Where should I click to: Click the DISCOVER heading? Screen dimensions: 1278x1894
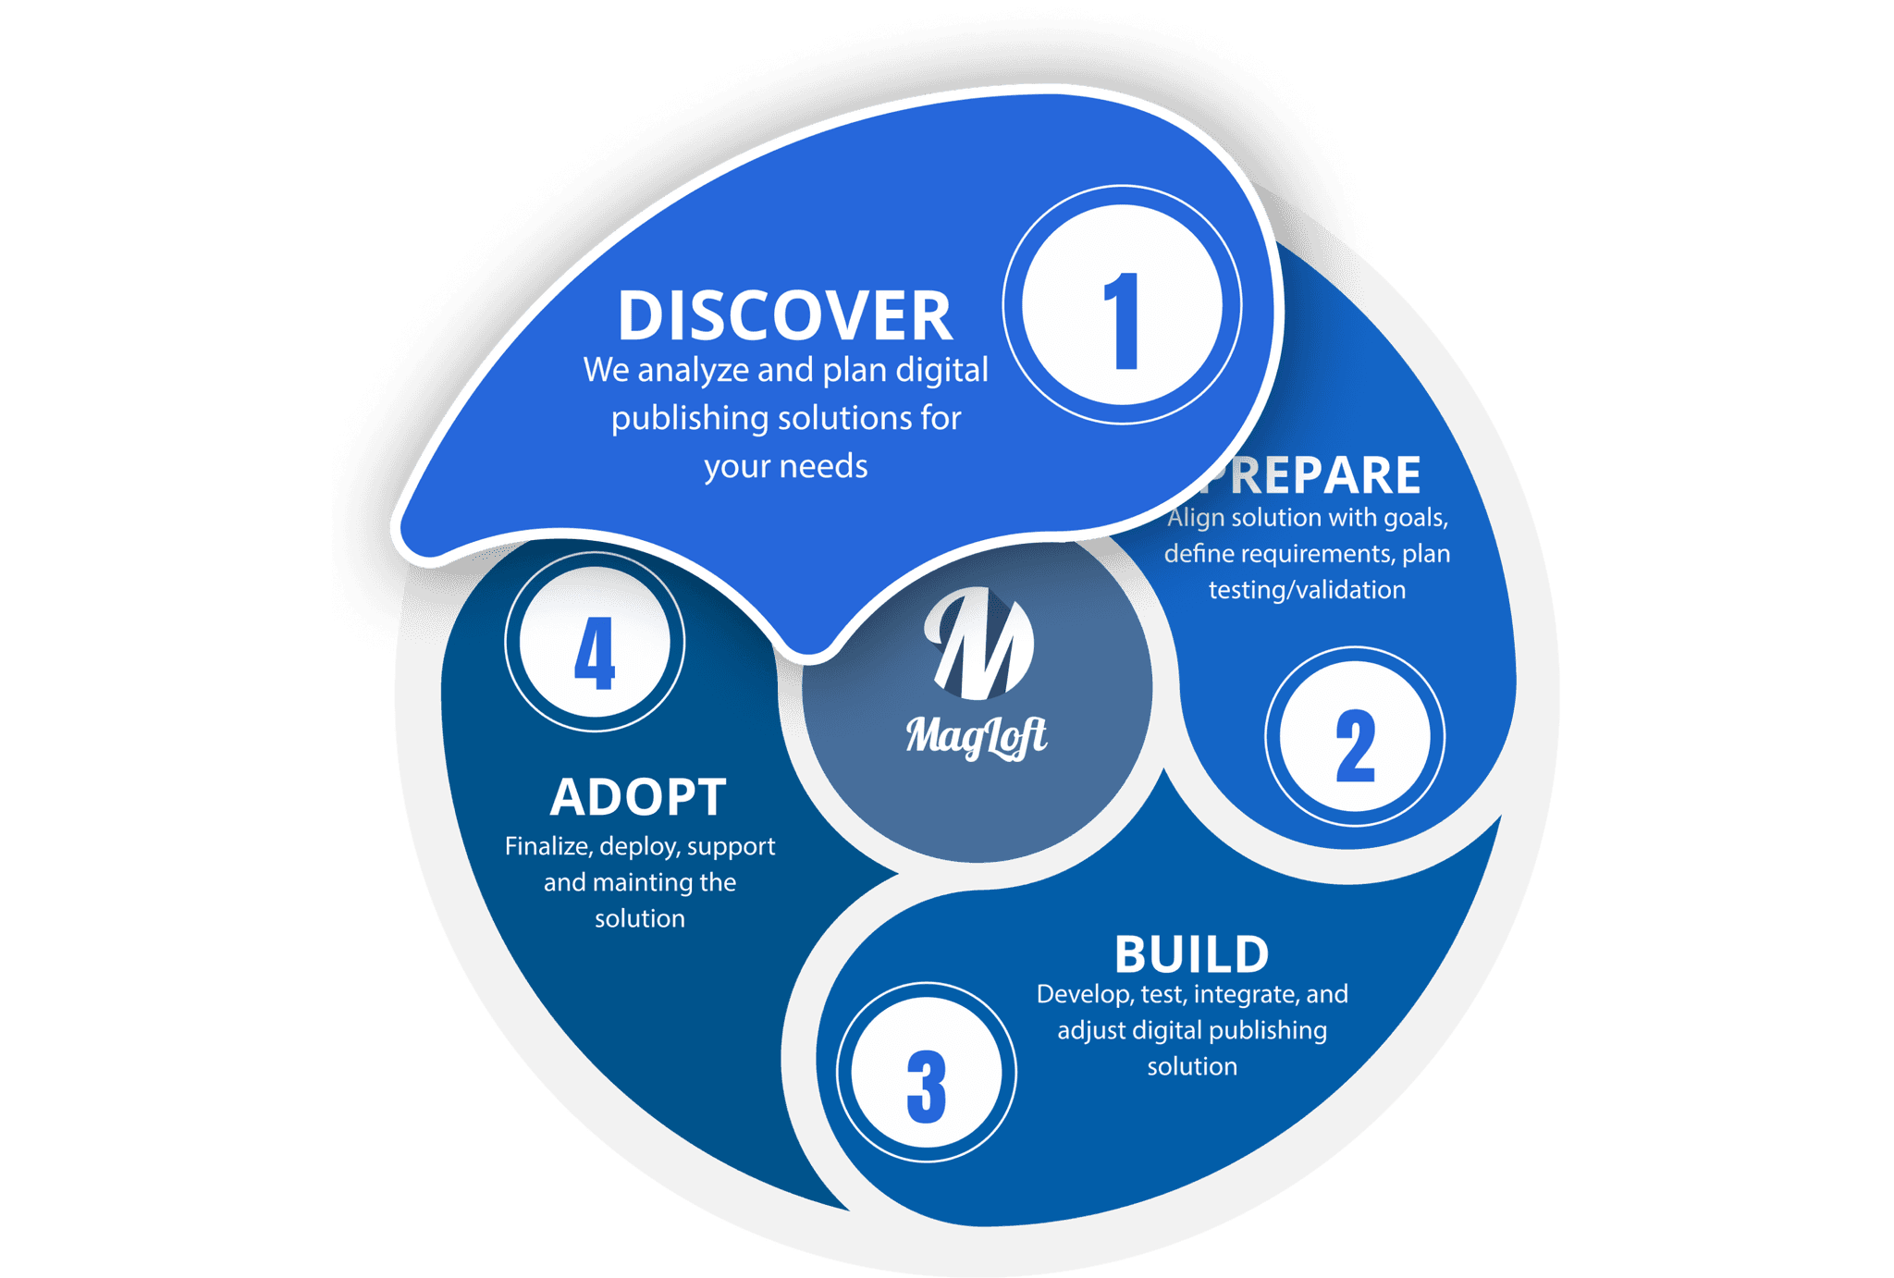(x=784, y=316)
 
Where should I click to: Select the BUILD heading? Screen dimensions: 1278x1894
(x=1191, y=954)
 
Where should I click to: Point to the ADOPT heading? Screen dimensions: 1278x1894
(x=638, y=797)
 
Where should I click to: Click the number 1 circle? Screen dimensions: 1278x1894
(x=1122, y=305)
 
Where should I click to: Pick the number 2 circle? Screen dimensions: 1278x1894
(x=1355, y=736)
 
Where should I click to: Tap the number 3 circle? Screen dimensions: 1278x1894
(x=926, y=1073)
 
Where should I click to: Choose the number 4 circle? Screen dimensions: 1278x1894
(x=595, y=642)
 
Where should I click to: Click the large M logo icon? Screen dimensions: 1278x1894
(x=978, y=644)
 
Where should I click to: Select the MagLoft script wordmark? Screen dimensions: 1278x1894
(x=977, y=737)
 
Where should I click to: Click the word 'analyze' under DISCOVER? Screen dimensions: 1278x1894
(x=693, y=371)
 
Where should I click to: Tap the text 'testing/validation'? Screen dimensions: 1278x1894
(x=1307, y=590)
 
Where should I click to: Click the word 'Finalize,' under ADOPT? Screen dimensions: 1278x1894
(x=548, y=847)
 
